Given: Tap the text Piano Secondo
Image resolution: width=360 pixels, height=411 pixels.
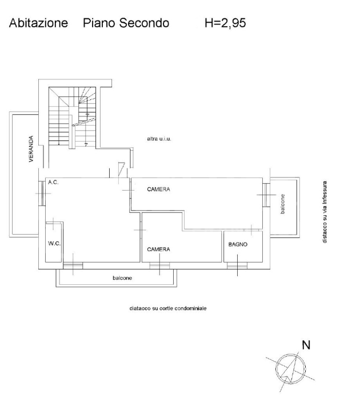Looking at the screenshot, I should (x=126, y=23).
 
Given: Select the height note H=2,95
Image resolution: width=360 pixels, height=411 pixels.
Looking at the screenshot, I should (x=225, y=23).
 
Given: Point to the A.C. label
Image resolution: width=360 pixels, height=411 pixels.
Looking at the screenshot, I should (x=53, y=183).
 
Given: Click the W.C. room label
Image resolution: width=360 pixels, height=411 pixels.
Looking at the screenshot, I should (x=54, y=243).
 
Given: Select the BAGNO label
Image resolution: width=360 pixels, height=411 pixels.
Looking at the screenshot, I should (x=237, y=244).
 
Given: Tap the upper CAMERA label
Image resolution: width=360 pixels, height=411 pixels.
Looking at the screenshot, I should (x=158, y=189).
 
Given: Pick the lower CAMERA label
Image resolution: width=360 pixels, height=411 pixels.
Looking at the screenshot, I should (x=158, y=249).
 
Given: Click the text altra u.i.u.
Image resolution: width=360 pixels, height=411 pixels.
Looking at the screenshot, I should (x=159, y=139).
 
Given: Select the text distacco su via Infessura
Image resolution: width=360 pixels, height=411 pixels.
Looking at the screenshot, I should (x=325, y=212).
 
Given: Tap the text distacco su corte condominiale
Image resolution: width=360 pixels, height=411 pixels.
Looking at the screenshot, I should (x=168, y=308).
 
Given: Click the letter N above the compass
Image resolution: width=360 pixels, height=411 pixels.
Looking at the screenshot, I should (x=306, y=344).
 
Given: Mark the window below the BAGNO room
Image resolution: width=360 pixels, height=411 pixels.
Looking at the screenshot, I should (x=237, y=264).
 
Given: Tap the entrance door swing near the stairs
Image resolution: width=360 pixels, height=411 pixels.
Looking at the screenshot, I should (x=121, y=170).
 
